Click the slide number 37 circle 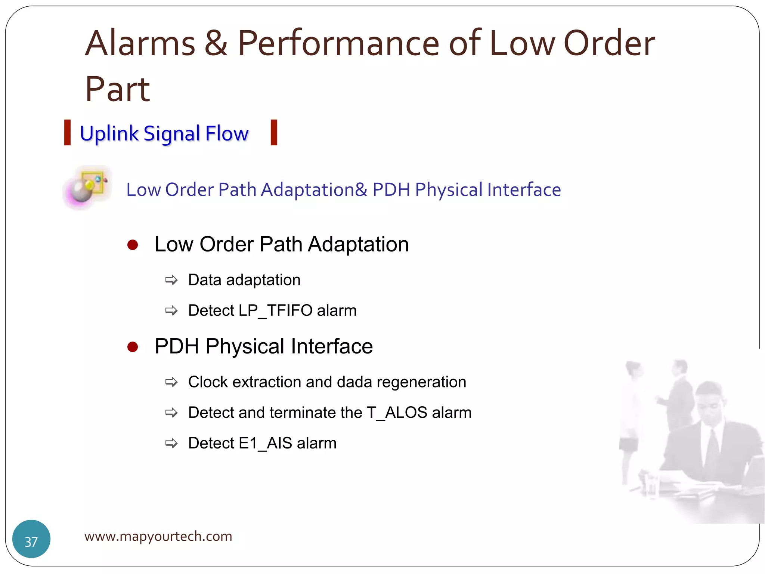pos(31,538)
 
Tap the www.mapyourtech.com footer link pos(158,536)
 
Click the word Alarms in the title pos(140,44)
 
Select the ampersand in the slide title pos(216,44)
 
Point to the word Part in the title pos(117,90)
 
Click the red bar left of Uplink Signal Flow pos(68,132)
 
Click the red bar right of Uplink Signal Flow pos(274,132)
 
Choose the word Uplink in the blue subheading pos(109,134)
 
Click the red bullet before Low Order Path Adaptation pos(133,245)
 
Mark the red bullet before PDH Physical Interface pos(133,347)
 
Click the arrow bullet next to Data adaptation pos(171,280)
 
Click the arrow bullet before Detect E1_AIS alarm pos(171,444)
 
